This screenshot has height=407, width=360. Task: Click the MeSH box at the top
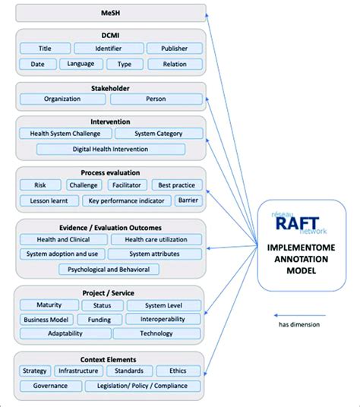[x=110, y=13]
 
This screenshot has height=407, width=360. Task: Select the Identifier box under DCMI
[x=109, y=49]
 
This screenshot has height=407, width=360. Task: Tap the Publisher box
[x=173, y=49]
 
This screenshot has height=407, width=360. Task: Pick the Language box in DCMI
[x=81, y=65]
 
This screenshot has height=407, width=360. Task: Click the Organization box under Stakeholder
[x=62, y=99]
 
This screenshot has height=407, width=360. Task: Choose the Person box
[x=156, y=99]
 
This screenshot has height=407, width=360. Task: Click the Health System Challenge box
[x=65, y=134]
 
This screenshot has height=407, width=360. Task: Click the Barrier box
[x=188, y=200]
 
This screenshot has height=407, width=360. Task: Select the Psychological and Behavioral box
[x=109, y=269]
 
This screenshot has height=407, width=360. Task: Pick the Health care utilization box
[x=156, y=239]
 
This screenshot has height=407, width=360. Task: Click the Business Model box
[x=46, y=320]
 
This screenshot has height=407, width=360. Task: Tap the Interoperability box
[x=163, y=320]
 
